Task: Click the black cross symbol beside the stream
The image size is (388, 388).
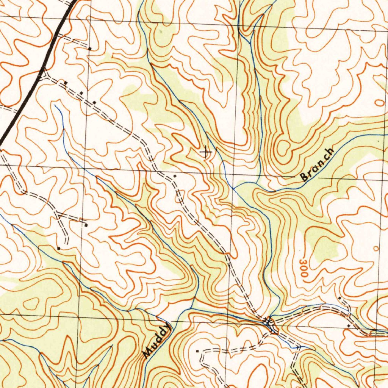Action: click(x=205, y=153)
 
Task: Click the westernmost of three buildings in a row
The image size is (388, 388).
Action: click(x=66, y=82)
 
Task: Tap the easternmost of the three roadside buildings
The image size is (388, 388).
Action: click(x=94, y=102)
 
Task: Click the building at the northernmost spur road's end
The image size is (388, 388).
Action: click(x=90, y=48)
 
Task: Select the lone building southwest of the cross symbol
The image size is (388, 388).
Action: click(x=175, y=176)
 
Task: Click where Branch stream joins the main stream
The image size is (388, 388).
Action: click(x=234, y=188)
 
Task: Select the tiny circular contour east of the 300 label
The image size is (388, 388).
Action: click(x=375, y=248)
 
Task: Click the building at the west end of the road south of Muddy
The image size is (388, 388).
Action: click(x=197, y=351)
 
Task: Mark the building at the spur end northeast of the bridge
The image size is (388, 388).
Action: click(x=339, y=299)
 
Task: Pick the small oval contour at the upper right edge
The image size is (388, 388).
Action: click(x=379, y=102)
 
